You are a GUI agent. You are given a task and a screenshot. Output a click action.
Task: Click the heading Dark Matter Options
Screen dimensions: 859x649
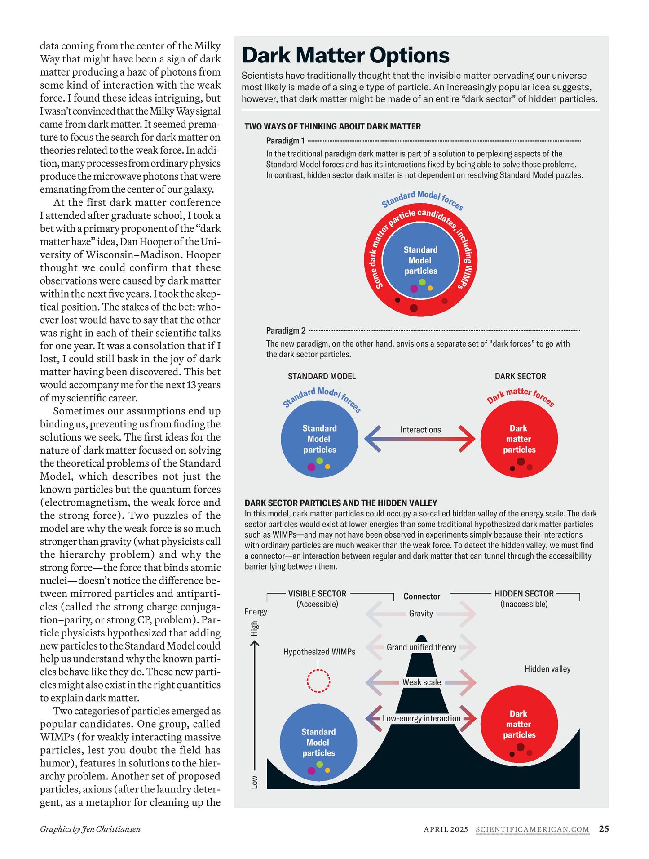345,56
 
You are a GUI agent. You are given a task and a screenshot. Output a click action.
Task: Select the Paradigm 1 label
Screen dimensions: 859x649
285,141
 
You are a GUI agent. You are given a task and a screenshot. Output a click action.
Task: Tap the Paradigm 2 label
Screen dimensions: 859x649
286,330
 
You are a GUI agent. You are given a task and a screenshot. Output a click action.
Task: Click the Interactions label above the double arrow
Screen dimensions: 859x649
420,430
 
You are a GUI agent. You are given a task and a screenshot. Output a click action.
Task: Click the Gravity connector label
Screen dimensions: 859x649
421,614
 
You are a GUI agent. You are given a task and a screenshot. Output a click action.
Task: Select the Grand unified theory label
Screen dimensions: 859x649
421,647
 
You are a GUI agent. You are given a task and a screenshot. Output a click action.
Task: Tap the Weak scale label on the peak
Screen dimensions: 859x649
421,682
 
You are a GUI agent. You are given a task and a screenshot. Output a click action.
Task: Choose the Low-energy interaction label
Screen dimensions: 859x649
421,718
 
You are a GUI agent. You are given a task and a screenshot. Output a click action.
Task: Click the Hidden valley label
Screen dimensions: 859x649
547,669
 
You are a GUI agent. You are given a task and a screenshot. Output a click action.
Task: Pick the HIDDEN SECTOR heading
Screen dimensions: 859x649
524,593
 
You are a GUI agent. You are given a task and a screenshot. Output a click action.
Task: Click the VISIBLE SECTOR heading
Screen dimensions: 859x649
317,593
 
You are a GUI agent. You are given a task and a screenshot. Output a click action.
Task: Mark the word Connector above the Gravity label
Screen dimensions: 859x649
421,596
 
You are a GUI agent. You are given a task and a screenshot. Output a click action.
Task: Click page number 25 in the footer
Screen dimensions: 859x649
604,828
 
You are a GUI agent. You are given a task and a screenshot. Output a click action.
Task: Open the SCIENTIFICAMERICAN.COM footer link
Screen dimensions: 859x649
532,829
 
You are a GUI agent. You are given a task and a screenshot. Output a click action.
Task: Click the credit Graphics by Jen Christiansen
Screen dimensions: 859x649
90,829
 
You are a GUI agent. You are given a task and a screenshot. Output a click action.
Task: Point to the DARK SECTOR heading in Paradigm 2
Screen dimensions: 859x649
520,376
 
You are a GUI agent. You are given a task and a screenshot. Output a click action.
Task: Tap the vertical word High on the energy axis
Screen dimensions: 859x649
255,628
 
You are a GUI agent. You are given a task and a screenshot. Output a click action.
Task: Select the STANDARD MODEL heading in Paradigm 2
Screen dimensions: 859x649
322,376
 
